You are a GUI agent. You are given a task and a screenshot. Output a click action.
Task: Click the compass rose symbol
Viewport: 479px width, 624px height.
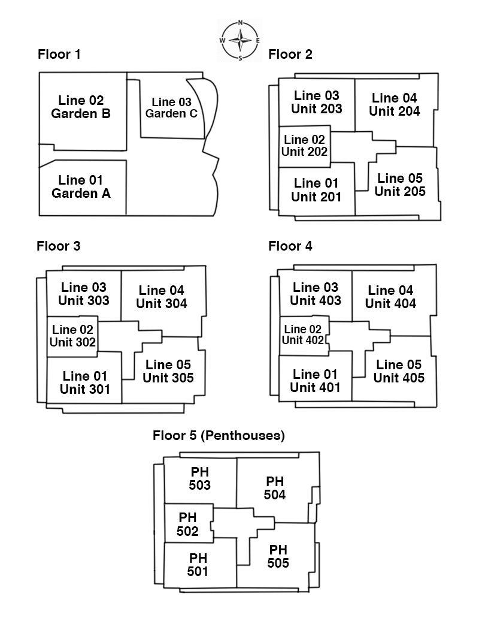click(x=240, y=41)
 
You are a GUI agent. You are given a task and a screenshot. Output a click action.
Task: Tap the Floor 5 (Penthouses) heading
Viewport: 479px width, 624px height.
click(x=219, y=436)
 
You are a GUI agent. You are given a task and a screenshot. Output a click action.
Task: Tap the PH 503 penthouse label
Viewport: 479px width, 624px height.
click(x=199, y=478)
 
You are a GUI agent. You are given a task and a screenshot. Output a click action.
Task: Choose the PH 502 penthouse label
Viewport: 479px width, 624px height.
click(x=187, y=524)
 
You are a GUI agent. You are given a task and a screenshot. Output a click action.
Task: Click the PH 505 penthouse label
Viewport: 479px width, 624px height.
click(x=278, y=556)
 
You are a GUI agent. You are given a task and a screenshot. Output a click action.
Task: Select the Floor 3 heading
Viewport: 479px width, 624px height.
click(x=59, y=246)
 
